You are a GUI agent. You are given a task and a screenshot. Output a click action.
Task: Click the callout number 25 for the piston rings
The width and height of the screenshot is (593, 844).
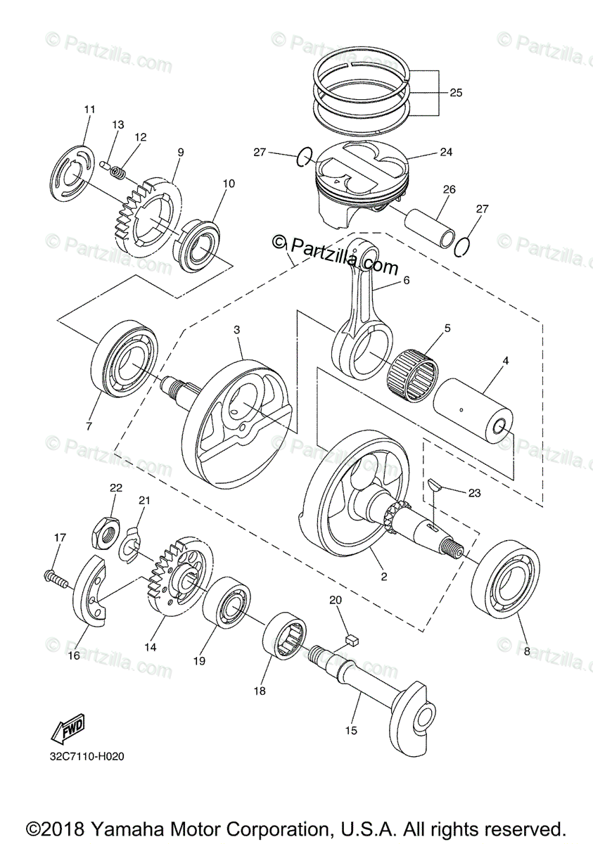pyautogui.click(x=456, y=92)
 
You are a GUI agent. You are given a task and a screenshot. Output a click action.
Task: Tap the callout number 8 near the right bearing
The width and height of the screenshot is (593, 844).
pyautogui.click(x=526, y=652)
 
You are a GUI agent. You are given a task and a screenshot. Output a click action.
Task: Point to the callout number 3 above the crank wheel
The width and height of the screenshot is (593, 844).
pyautogui.click(x=236, y=329)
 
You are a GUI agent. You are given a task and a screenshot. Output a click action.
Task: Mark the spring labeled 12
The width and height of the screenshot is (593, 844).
pyautogui.click(x=120, y=170)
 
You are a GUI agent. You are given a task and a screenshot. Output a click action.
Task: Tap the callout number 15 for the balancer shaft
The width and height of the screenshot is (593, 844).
pyautogui.click(x=351, y=731)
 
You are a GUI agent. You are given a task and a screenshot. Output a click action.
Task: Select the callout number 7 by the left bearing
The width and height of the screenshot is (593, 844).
pyautogui.click(x=89, y=426)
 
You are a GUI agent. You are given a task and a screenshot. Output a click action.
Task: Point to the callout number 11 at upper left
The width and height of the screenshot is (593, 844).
pyautogui.click(x=89, y=109)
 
